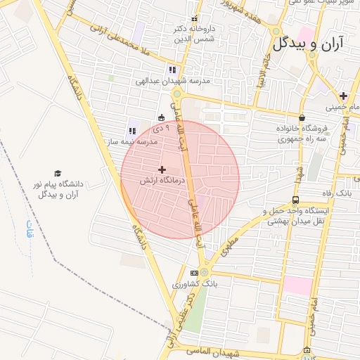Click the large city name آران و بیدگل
(x=309, y=44)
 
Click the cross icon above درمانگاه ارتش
(x=162, y=169)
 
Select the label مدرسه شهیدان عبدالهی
(x=172, y=81)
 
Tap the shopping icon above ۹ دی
(x=162, y=117)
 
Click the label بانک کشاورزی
(x=206, y=284)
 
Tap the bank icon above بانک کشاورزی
(x=194, y=273)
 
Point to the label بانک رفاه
(x=335, y=193)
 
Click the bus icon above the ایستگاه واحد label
(x=295, y=200)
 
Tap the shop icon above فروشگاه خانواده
(x=302, y=117)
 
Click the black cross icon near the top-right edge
(x=342, y=96)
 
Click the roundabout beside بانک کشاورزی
(x=204, y=271)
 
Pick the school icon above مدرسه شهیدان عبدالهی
(x=172, y=70)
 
